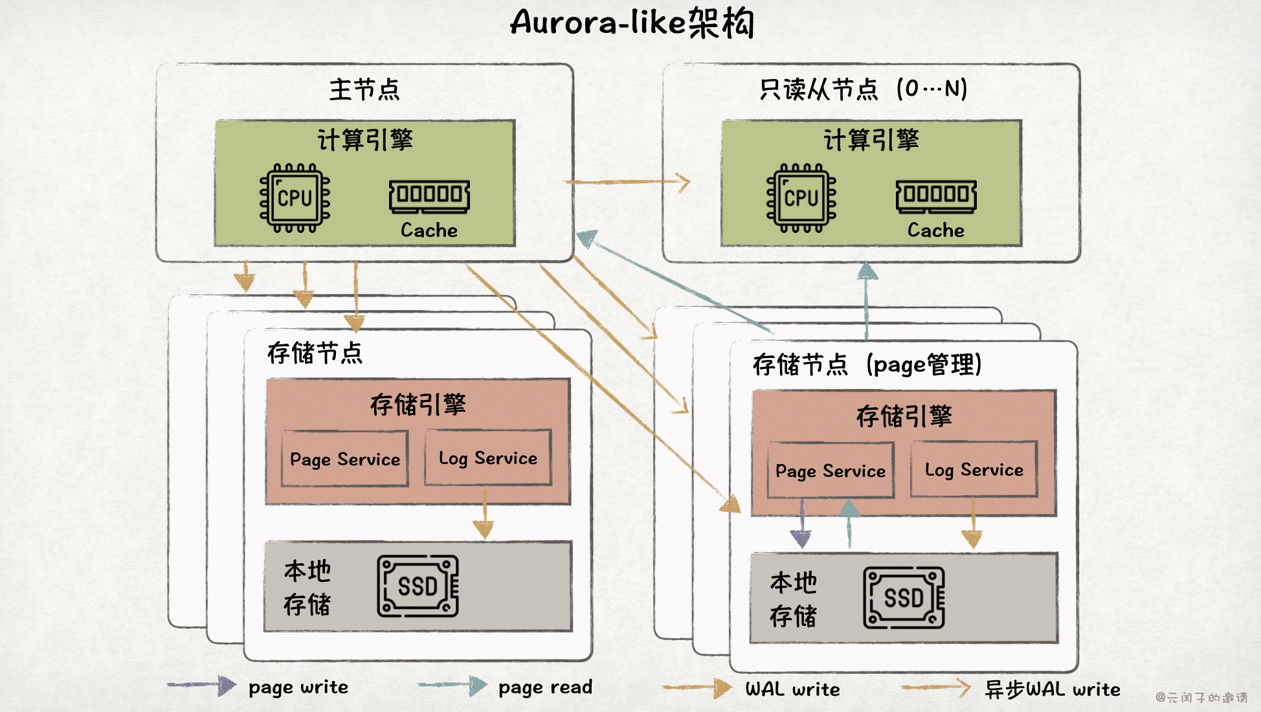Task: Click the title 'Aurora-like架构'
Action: tap(632, 23)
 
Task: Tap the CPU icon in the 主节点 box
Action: tap(295, 197)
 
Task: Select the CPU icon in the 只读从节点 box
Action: tap(801, 197)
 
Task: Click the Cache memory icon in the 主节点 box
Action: tap(429, 195)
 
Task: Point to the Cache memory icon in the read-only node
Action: tap(936, 195)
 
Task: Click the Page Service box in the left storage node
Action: tap(345, 458)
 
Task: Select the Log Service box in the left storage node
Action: tap(488, 458)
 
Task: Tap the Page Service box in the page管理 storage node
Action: tap(831, 470)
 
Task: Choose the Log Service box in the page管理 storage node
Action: tap(974, 469)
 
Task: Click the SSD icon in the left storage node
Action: tap(418, 586)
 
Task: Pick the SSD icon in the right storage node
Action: tap(904, 597)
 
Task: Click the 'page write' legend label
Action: tap(298, 687)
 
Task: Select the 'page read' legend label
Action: tap(545, 687)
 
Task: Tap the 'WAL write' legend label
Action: tap(792, 689)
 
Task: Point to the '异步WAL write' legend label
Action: tap(1053, 689)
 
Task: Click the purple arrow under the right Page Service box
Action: tap(801, 524)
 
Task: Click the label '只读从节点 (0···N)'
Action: tap(864, 89)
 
